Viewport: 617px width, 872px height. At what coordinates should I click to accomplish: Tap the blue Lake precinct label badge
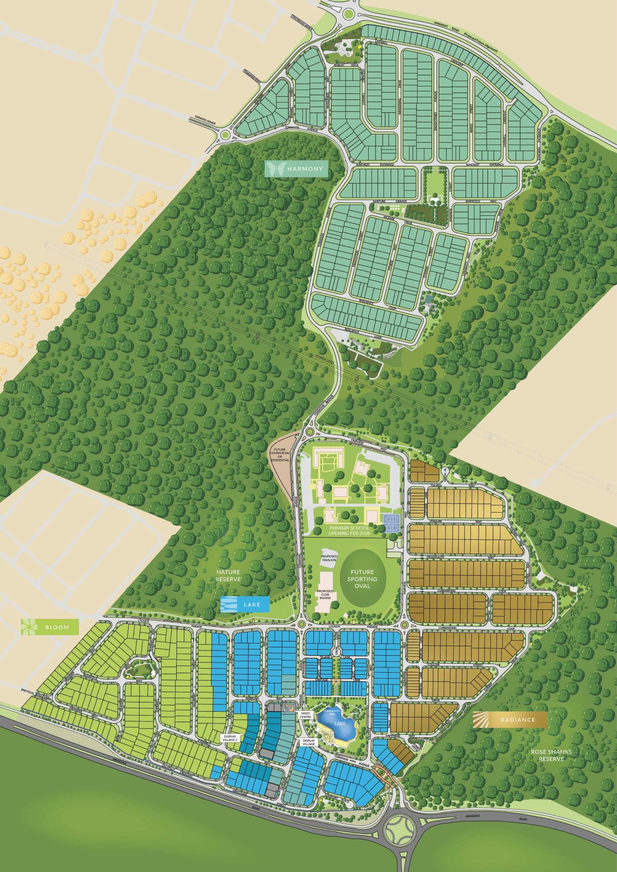[x=245, y=604]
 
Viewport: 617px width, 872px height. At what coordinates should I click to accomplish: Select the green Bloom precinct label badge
[x=50, y=627]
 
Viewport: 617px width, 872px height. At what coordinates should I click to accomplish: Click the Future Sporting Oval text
[x=362, y=579]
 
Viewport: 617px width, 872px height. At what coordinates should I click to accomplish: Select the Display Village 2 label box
[x=230, y=738]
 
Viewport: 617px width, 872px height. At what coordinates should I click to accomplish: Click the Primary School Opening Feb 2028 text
[x=349, y=531]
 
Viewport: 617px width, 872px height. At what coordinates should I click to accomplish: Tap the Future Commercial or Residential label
[x=280, y=455]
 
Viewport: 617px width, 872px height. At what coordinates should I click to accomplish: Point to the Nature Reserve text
[x=228, y=575]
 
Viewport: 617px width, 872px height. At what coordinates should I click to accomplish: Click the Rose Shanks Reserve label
[x=551, y=755]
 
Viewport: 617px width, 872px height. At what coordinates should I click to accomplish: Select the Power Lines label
[x=324, y=359]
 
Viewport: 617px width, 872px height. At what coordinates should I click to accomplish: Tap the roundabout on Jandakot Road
[x=348, y=14]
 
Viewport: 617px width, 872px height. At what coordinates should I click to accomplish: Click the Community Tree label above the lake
[x=332, y=713]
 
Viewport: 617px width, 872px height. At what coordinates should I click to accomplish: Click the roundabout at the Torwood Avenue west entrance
[x=225, y=135]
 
